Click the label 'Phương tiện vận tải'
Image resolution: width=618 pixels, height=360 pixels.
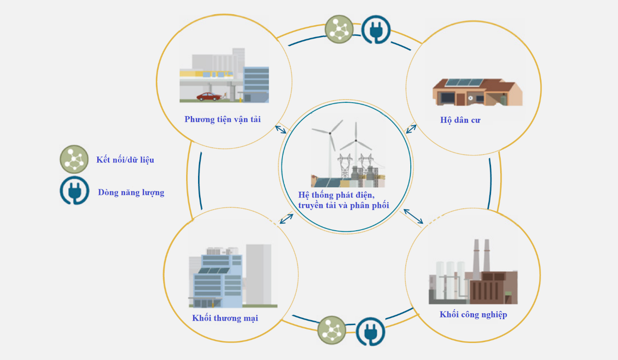coord(223,119)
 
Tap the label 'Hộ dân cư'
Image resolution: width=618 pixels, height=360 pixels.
coord(460,120)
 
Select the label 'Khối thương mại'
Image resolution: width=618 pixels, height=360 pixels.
coord(225,318)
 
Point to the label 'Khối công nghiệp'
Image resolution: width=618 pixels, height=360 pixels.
coord(473,315)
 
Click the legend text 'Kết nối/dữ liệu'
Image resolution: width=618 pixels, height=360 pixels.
coord(125,160)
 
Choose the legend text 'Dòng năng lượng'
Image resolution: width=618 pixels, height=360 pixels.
coord(131,193)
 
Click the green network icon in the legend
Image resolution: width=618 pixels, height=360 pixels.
coord(74,159)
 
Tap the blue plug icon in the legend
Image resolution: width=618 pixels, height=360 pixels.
coord(74,190)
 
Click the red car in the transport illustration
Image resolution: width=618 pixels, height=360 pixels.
coord(209,96)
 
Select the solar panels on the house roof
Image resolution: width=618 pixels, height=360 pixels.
coord(464,83)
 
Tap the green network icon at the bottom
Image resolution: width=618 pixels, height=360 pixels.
coord(332,330)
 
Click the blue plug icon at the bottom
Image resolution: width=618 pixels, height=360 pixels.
coord(370,331)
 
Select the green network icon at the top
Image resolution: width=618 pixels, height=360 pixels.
coord(339,29)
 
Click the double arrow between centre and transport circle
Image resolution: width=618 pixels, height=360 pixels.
coord(281,130)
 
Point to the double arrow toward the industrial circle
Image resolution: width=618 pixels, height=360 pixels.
coord(414,217)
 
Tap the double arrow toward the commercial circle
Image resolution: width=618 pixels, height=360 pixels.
coord(287,219)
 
